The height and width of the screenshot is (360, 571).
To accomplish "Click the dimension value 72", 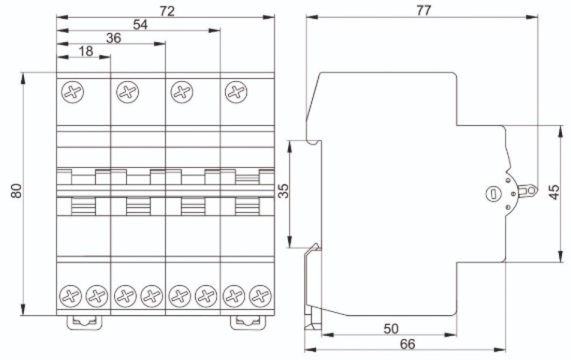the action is pos(167,11).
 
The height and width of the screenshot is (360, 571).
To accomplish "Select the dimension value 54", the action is pos(140,25).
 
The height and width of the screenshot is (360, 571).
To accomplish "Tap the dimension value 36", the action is pos(113,38).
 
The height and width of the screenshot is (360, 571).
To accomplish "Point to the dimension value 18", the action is pos(86,51).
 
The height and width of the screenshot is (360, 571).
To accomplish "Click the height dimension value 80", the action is pos(16,191).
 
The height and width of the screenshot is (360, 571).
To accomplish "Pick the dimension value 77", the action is pos(423,11).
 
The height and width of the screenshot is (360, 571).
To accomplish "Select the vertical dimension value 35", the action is pos(284,191).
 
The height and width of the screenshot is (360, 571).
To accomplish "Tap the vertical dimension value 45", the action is pos(554,193).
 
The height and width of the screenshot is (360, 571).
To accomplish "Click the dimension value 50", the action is pos(391,329).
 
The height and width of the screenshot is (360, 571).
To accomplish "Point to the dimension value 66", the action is pos(407,344).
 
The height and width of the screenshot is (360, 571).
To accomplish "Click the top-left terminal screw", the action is pos(73,92).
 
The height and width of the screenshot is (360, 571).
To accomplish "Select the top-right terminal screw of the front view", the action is pos(236,92).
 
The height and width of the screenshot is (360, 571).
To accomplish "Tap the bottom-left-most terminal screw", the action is pos(70,296).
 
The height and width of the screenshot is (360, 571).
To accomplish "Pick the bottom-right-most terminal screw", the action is pos(261,296).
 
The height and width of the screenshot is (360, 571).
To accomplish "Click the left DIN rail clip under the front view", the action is pos(84,322).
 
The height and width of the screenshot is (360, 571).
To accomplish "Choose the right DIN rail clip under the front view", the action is pos(248,322).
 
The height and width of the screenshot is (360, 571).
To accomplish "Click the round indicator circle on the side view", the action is pos(494,193).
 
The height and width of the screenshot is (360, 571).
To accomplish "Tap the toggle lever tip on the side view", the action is pos(532,190).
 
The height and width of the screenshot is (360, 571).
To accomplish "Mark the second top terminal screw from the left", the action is pos(127,92).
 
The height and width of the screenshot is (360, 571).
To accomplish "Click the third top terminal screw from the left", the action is pos(182,92).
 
